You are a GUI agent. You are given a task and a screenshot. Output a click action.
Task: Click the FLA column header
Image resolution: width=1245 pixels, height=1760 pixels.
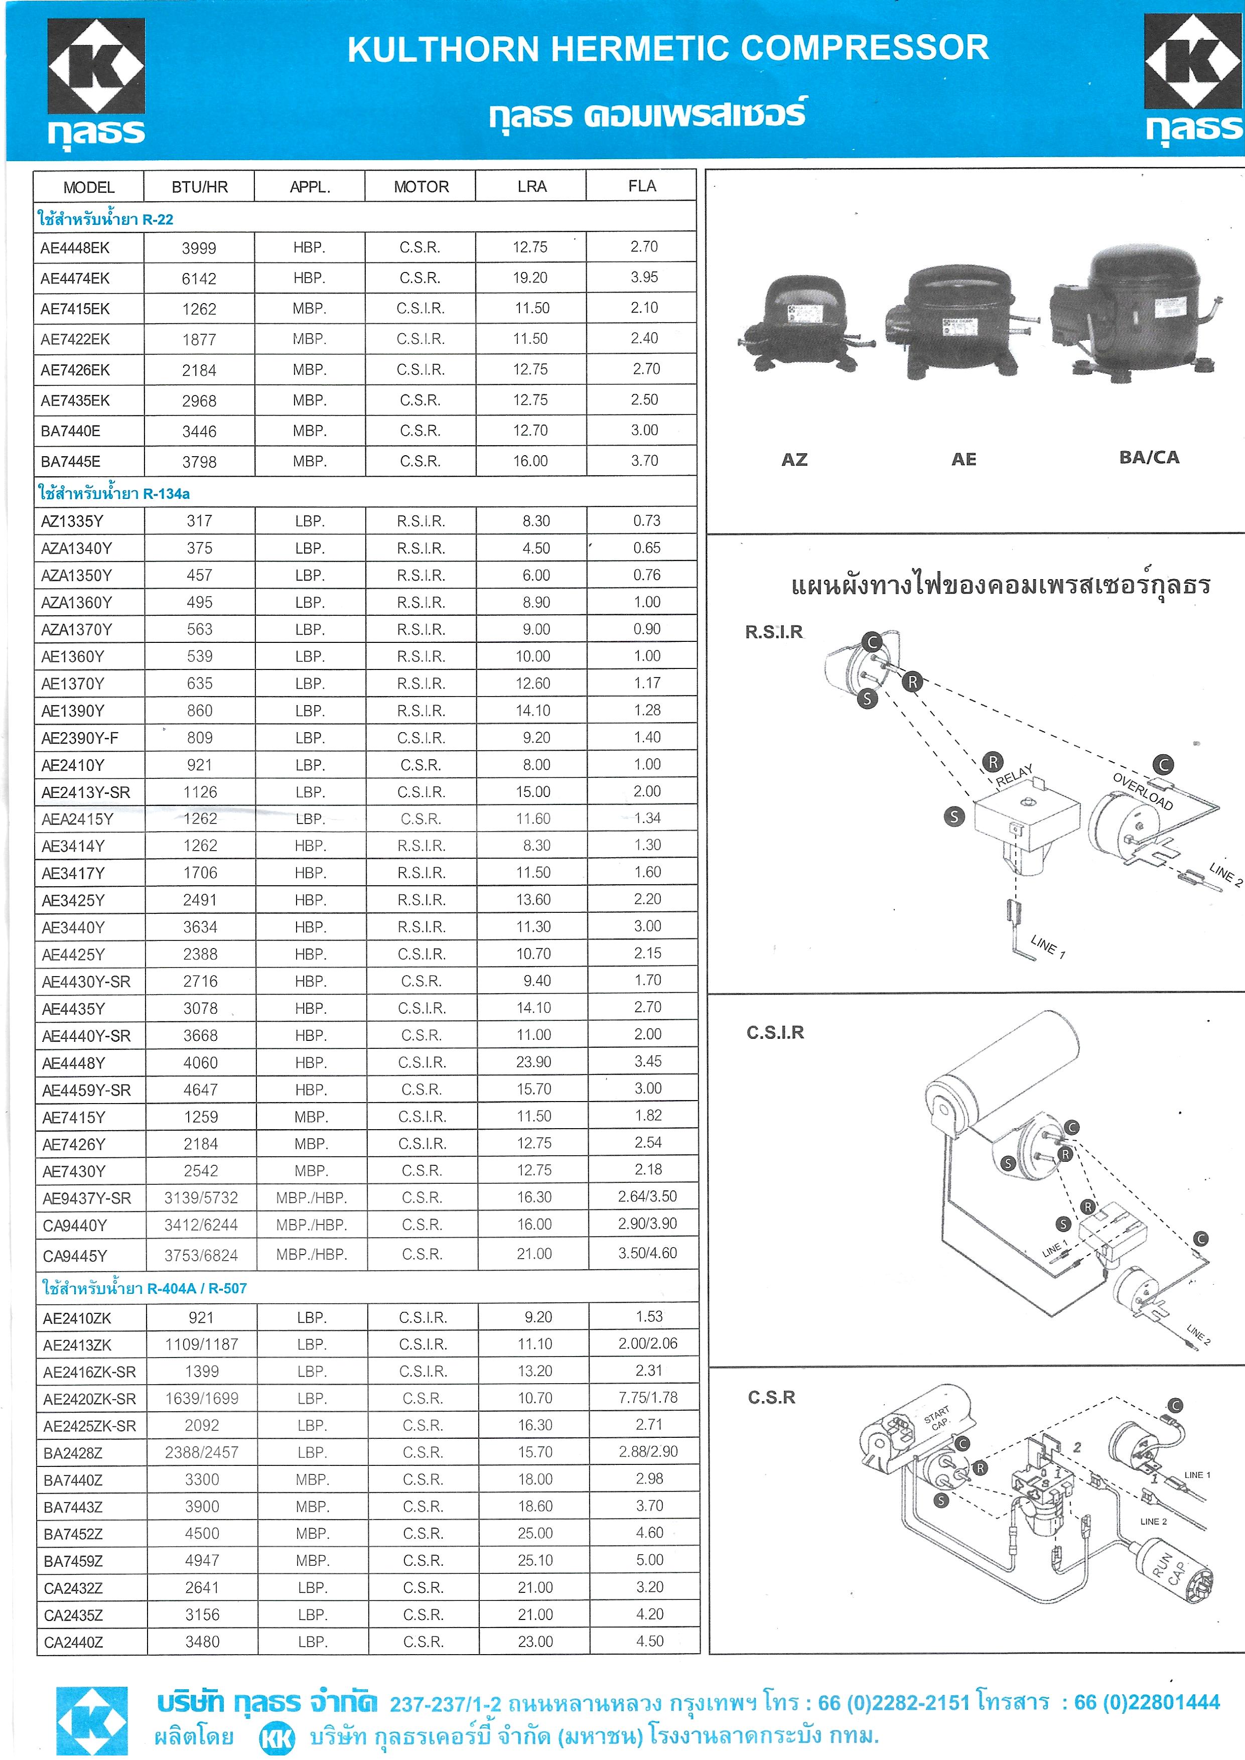point(642,186)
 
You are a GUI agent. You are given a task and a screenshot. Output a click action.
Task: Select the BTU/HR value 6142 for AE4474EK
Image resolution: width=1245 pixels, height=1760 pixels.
point(199,278)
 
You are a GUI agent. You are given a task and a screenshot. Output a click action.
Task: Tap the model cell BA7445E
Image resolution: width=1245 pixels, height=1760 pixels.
point(71,462)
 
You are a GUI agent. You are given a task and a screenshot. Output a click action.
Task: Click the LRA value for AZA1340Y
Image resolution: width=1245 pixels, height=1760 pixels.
point(535,548)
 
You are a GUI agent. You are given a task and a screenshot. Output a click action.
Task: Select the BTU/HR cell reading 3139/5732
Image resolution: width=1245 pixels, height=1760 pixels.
point(201,1197)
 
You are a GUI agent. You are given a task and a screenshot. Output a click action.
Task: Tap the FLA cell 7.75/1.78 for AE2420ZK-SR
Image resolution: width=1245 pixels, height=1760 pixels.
point(648,1398)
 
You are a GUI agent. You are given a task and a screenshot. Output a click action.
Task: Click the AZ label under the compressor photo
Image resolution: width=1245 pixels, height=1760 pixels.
point(794,459)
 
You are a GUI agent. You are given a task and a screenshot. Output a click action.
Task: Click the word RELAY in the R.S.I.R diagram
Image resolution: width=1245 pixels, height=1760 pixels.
point(1014,775)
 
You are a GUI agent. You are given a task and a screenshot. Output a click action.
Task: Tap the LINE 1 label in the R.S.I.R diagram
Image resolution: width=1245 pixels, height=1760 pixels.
point(1048,946)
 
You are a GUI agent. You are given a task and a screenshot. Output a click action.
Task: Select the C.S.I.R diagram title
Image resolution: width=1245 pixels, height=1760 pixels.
point(775,1032)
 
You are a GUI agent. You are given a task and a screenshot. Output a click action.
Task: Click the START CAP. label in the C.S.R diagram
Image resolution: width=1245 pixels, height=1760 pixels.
point(937,1418)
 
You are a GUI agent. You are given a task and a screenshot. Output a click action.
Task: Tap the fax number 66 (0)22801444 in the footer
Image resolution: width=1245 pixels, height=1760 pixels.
point(1147,1702)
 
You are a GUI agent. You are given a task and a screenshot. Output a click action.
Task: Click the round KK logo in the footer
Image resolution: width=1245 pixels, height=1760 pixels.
point(277,1737)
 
